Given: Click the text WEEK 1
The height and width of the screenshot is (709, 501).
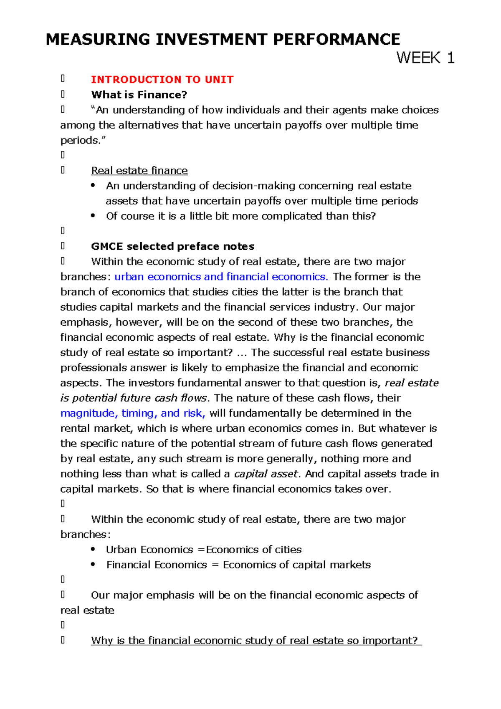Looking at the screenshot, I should (x=425, y=58).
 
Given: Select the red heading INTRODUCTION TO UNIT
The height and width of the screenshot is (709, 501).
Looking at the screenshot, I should (x=162, y=79).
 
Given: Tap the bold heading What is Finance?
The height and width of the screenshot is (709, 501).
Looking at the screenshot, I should (x=139, y=95).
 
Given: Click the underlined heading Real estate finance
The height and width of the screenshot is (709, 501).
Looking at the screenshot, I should (x=139, y=170).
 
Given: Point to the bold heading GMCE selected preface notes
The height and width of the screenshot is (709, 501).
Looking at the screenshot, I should (x=172, y=246).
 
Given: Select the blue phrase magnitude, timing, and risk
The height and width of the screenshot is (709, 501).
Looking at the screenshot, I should (x=133, y=413).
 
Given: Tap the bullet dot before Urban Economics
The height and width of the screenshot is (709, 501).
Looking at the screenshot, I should (x=93, y=549).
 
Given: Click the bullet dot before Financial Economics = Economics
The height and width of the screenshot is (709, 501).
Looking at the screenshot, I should (x=93, y=564).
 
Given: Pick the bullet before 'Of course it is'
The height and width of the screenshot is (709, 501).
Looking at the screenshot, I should (x=93, y=215).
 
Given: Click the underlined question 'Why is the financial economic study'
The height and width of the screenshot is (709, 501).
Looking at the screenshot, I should (x=256, y=641).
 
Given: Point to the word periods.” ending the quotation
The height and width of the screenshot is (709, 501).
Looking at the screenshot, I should (x=83, y=140).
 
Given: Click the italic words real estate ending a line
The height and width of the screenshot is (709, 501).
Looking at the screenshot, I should (x=411, y=383).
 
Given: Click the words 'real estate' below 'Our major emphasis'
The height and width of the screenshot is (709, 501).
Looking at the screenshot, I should (x=87, y=610).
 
